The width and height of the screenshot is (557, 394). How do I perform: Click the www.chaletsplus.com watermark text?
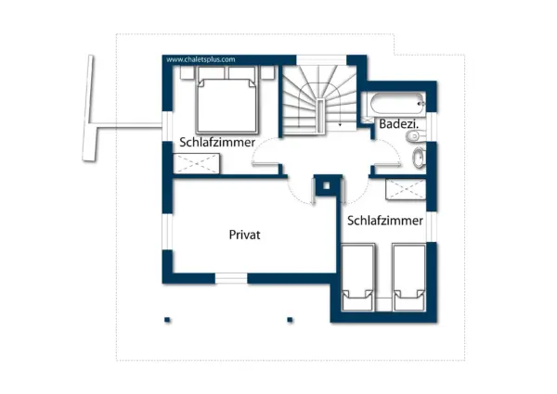pyautogui.click(x=201, y=59)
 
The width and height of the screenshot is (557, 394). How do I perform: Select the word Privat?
pyautogui.click(x=245, y=235)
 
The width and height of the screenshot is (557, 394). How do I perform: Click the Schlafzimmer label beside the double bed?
pyautogui.click(x=217, y=142)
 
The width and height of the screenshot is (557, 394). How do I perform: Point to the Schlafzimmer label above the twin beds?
pyautogui.click(x=385, y=221)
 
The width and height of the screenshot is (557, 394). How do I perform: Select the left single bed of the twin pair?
pyautogui.click(x=358, y=276)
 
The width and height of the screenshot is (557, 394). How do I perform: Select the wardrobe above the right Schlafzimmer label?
pyautogui.click(x=406, y=189)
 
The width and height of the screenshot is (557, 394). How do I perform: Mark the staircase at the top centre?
pyautogui.click(x=317, y=100)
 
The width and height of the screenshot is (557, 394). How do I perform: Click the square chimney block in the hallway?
pyautogui.click(x=326, y=185)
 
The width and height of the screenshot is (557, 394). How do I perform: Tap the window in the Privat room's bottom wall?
pyautogui.click(x=231, y=277)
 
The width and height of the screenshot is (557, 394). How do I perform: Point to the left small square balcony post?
pyautogui.click(x=167, y=320)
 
